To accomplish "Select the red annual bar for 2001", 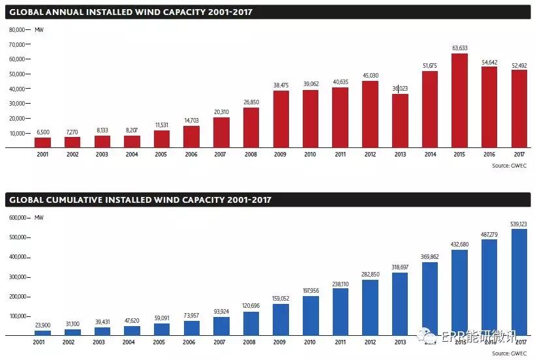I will pos(42,142).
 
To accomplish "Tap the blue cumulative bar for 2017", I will pos(519,282).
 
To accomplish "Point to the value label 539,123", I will pos(519,223).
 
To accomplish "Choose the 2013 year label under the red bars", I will pos(399,155).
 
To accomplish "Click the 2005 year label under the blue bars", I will pos(159,343).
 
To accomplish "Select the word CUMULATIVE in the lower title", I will pos(82,200).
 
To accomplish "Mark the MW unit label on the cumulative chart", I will pos(39,218).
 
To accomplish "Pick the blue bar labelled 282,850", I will pos(370,307).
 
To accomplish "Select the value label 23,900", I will pos(42,324).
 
